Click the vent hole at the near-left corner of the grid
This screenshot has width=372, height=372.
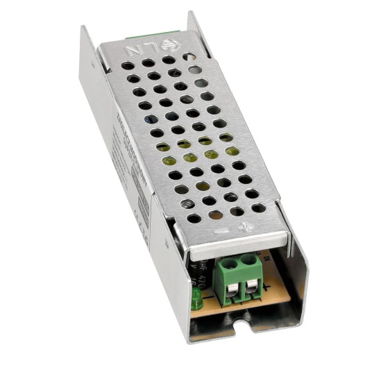tap(194, 217)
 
